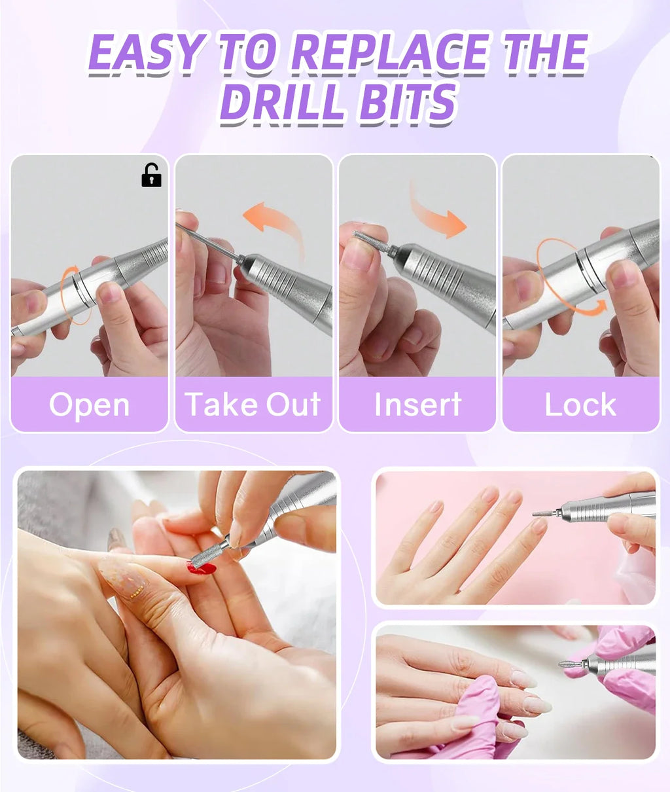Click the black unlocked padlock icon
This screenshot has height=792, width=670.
151,176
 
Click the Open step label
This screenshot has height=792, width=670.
89,405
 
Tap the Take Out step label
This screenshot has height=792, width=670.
253,405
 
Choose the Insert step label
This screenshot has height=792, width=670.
417,405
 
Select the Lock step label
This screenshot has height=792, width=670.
580,405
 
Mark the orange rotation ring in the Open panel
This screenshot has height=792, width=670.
74,295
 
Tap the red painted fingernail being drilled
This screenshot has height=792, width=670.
202,568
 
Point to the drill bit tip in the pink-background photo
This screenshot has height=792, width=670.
541,513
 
